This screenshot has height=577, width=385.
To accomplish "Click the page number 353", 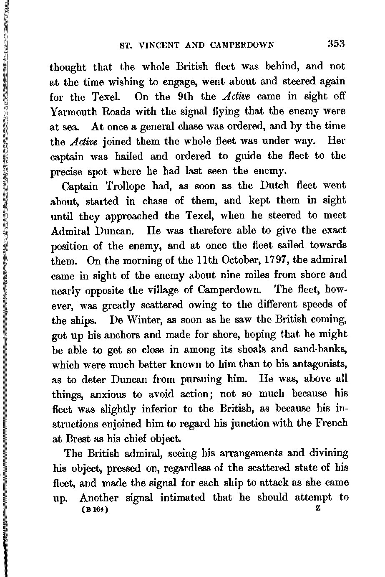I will pos(336,44).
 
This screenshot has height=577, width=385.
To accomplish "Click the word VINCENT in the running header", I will pos(161,45).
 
